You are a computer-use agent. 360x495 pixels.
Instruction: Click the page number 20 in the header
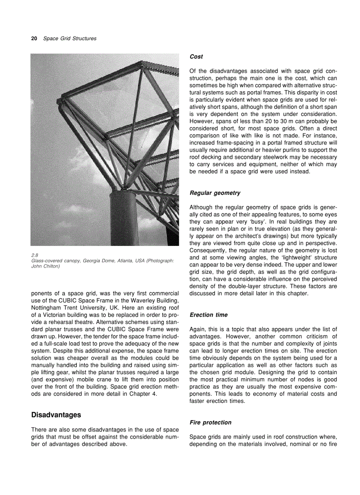(34, 39)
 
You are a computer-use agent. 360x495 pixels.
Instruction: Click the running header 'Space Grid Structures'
(70, 39)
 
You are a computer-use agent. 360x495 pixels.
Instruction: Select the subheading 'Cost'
(196, 57)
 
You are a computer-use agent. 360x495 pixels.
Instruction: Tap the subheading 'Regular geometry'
(215, 193)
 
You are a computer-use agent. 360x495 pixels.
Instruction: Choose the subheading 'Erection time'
(209, 315)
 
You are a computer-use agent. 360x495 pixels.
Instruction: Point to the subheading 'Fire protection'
(210, 422)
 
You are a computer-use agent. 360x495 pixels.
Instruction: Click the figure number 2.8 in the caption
(35, 255)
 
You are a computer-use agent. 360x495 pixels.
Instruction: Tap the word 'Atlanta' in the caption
(117, 261)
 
